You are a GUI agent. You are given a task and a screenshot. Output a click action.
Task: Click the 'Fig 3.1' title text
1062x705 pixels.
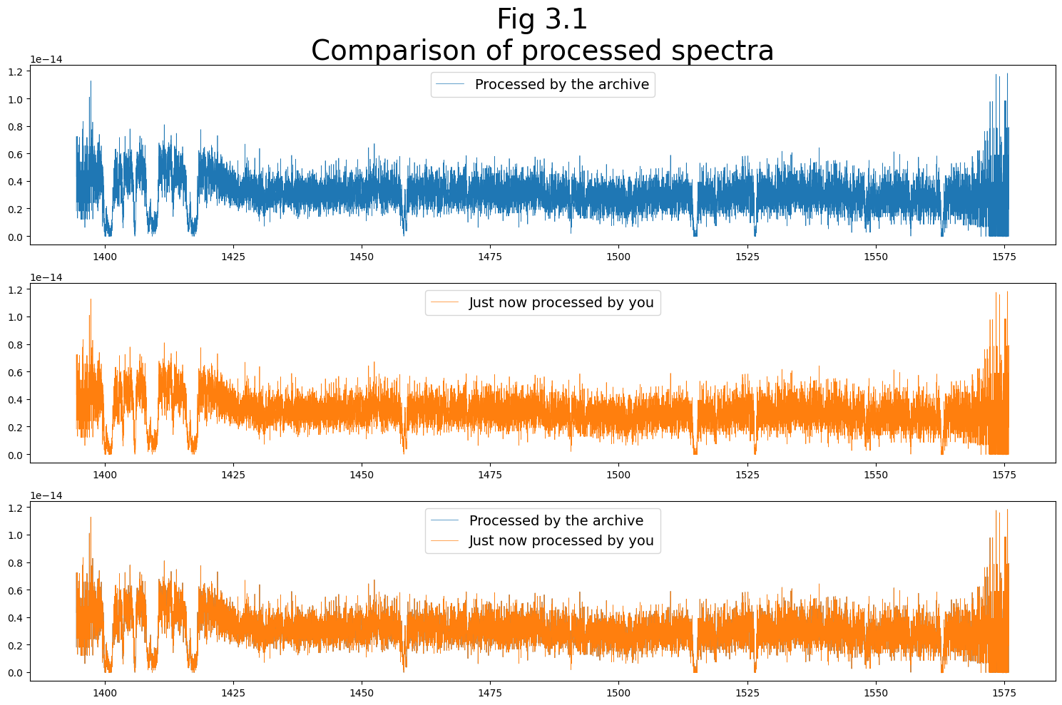click(x=542, y=19)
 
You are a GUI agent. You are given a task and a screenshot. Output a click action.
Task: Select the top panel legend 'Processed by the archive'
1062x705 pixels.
click(x=561, y=85)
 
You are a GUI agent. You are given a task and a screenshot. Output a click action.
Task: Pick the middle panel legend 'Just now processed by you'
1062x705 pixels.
click(x=561, y=303)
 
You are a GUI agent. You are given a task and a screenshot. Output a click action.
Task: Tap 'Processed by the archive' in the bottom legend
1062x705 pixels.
click(x=556, y=521)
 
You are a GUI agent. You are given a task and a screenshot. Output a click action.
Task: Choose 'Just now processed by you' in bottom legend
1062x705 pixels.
click(x=561, y=541)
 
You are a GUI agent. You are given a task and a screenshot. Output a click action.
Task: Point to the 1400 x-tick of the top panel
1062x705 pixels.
click(x=105, y=257)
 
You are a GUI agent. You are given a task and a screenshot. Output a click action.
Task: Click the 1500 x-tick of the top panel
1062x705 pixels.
click(x=618, y=257)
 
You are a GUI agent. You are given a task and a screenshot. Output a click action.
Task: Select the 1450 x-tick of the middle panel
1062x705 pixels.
click(x=362, y=475)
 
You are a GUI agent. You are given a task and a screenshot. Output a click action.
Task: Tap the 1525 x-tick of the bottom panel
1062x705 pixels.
click(x=747, y=693)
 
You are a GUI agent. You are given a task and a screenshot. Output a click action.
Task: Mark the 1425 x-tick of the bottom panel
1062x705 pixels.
click(x=233, y=693)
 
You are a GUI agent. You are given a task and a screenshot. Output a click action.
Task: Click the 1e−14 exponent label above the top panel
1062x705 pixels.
click(x=46, y=59)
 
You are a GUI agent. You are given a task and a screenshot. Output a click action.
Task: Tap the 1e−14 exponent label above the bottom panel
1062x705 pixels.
click(x=46, y=495)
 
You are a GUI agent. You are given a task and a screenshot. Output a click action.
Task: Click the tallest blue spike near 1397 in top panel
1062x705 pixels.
click(x=91, y=83)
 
